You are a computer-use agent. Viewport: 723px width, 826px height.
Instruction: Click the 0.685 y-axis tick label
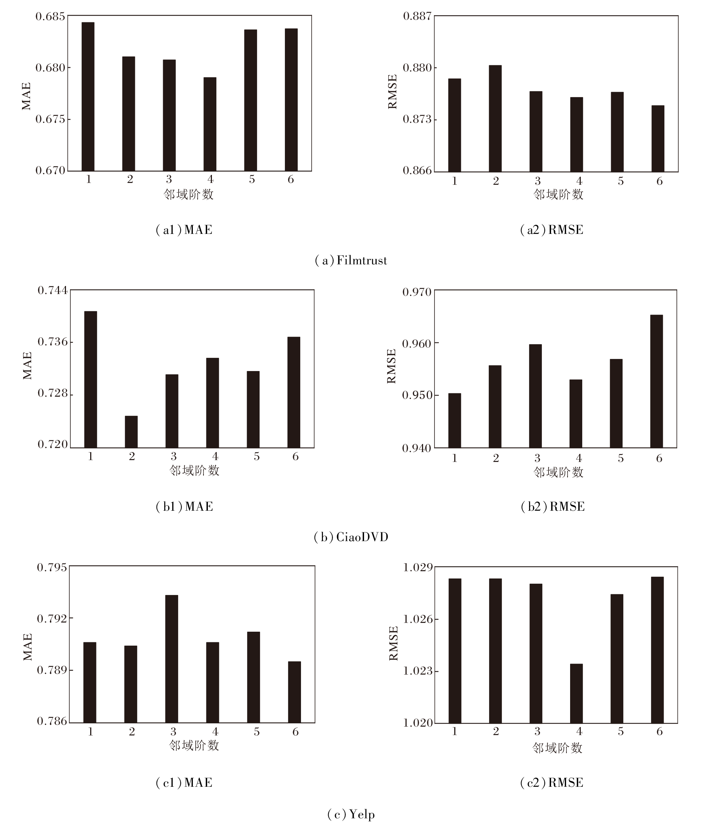coord(51,16)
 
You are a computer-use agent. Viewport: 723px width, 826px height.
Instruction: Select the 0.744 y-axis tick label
coord(52,290)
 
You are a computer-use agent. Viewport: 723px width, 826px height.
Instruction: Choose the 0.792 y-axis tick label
coord(52,618)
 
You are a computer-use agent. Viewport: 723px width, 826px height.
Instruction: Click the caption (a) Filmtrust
coord(351,261)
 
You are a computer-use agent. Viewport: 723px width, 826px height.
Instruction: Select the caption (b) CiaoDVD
coord(351,537)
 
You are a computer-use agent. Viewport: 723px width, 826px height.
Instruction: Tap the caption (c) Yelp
coord(351,814)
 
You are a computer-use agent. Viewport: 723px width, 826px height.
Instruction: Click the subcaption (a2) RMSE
coord(551,230)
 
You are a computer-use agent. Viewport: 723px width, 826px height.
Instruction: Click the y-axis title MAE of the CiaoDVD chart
coord(27,366)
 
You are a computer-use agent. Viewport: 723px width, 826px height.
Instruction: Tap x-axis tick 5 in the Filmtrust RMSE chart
coord(620,181)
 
